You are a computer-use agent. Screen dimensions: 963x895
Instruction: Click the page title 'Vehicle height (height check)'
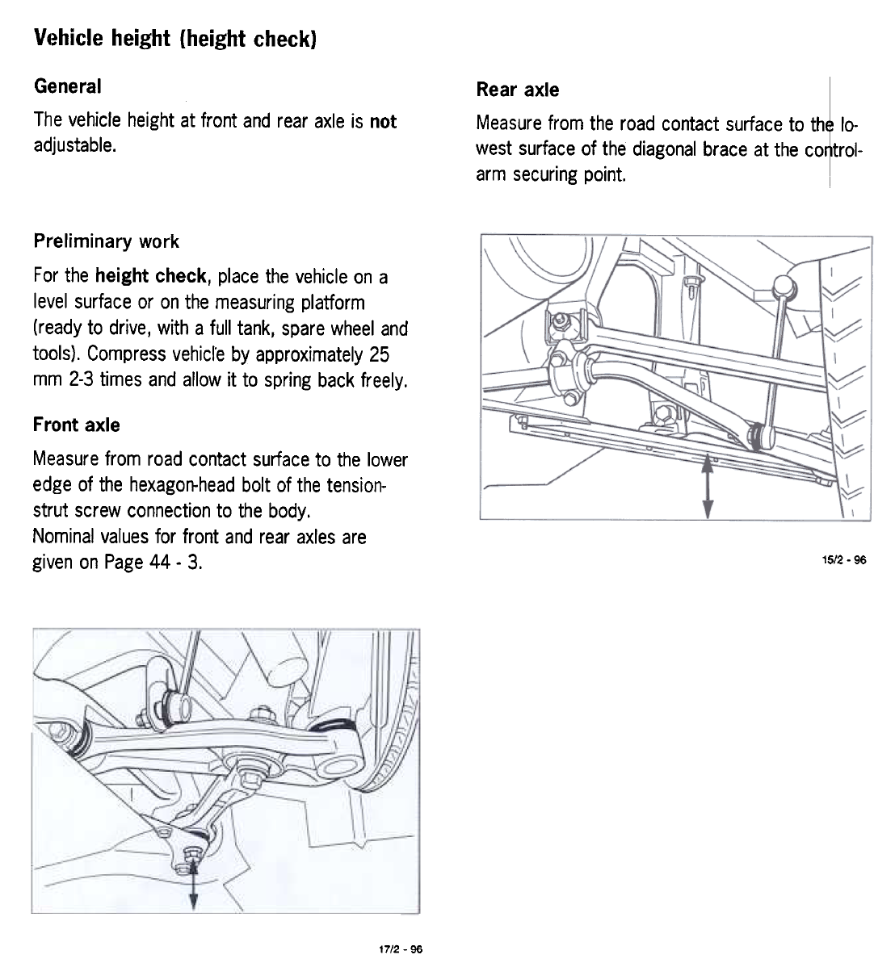point(174,39)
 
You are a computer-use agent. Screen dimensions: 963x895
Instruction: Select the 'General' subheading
point(68,86)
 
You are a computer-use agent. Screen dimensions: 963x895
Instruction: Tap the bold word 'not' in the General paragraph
point(383,121)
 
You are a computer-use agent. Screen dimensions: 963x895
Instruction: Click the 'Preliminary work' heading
point(106,241)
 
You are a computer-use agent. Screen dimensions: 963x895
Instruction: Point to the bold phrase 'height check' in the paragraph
point(151,276)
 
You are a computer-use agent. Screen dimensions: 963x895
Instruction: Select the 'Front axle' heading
point(76,425)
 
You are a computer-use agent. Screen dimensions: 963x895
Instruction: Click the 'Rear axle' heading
point(517,90)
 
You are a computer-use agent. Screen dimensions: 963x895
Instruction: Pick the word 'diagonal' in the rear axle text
point(665,149)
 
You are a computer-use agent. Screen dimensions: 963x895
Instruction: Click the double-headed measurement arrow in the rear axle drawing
point(708,486)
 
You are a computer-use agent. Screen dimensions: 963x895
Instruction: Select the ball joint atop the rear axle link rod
point(784,286)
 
